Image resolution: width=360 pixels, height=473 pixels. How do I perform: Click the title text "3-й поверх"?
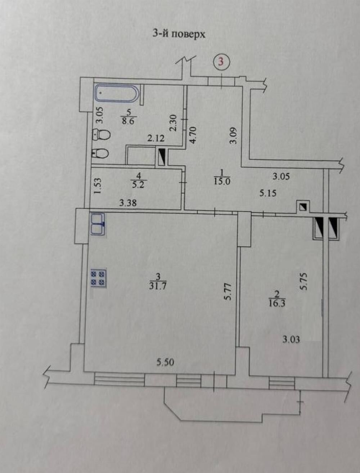point(179,35)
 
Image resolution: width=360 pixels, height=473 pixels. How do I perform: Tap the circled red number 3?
point(221,62)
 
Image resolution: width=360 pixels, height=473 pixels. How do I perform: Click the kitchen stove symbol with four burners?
point(99,278)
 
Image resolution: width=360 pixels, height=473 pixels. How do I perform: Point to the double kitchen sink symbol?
point(98,224)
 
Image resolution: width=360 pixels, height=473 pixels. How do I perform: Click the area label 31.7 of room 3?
point(158,286)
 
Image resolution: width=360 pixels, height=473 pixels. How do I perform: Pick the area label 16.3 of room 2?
point(277,303)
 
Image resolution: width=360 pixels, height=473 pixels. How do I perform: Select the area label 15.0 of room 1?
point(222,181)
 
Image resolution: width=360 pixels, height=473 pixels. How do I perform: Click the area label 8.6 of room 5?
point(129,121)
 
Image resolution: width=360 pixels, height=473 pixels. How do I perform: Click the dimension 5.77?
point(228,291)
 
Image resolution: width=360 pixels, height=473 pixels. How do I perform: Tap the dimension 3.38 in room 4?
point(128,203)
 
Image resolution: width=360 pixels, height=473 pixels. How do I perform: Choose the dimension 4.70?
point(193,135)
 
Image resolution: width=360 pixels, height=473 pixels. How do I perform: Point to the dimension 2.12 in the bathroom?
point(156,138)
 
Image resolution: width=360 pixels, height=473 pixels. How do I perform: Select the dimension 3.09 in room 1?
point(234,135)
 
